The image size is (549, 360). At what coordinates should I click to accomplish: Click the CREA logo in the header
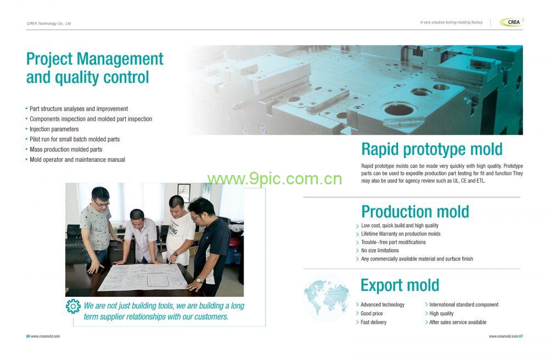click(511, 22)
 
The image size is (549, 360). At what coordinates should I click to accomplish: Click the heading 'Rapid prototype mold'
click(432, 150)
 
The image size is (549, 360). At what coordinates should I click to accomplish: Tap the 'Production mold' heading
click(415, 212)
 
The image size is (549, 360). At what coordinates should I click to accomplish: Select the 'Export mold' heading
click(400, 285)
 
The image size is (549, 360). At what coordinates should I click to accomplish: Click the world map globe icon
click(326, 297)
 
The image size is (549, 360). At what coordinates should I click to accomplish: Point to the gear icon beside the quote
click(73, 306)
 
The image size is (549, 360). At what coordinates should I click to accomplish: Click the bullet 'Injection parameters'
click(54, 129)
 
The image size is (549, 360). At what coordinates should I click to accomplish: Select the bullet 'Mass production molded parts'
click(66, 149)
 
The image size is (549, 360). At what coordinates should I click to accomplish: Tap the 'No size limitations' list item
click(380, 250)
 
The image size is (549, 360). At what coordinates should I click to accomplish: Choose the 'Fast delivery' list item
click(373, 322)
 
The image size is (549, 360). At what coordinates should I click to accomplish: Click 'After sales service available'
click(458, 322)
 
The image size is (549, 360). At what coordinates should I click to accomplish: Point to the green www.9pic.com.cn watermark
click(274, 179)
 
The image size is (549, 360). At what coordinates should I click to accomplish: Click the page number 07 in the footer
click(521, 336)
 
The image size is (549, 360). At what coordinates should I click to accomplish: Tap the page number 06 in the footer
click(28, 336)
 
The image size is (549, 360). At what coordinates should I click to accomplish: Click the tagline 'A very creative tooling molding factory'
click(451, 22)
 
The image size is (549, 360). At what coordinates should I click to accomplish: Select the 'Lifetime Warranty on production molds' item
click(401, 234)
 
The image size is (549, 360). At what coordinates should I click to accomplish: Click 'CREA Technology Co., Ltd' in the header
click(49, 24)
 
